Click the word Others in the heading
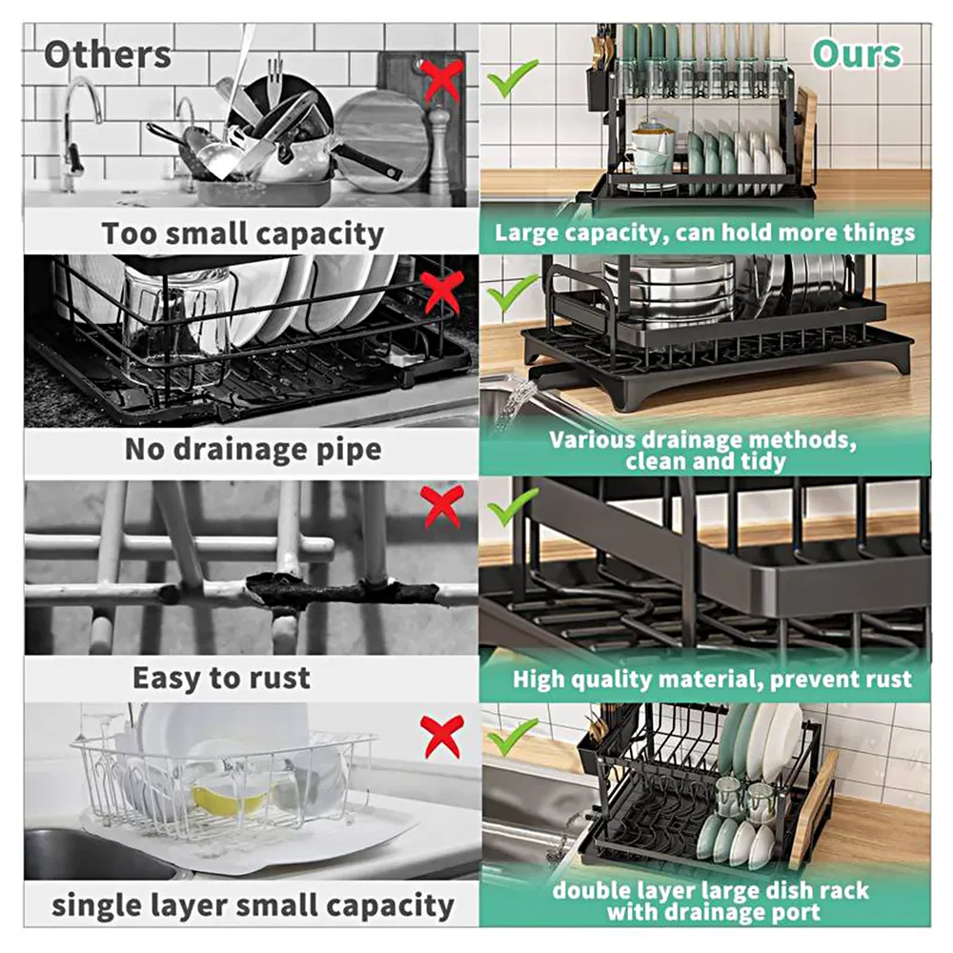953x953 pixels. [108, 54]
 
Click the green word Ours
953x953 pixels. [857, 54]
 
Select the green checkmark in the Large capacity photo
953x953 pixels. [512, 78]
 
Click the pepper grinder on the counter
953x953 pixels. [438, 151]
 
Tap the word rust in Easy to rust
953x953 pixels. [282, 678]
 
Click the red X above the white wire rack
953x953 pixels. [443, 736]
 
